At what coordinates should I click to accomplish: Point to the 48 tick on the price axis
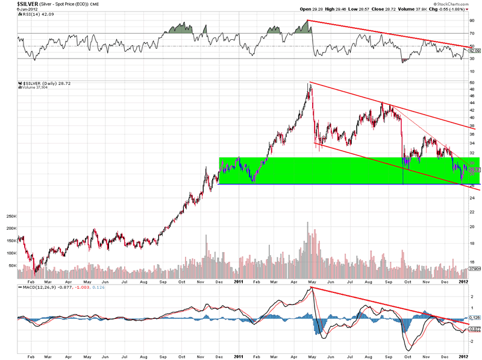coord(472,89)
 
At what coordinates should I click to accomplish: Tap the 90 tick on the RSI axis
coord(472,21)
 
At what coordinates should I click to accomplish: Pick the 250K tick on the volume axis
coord(10,216)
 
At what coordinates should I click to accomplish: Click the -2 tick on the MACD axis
coord(471,341)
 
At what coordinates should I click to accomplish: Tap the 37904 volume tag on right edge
coord(474,269)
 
